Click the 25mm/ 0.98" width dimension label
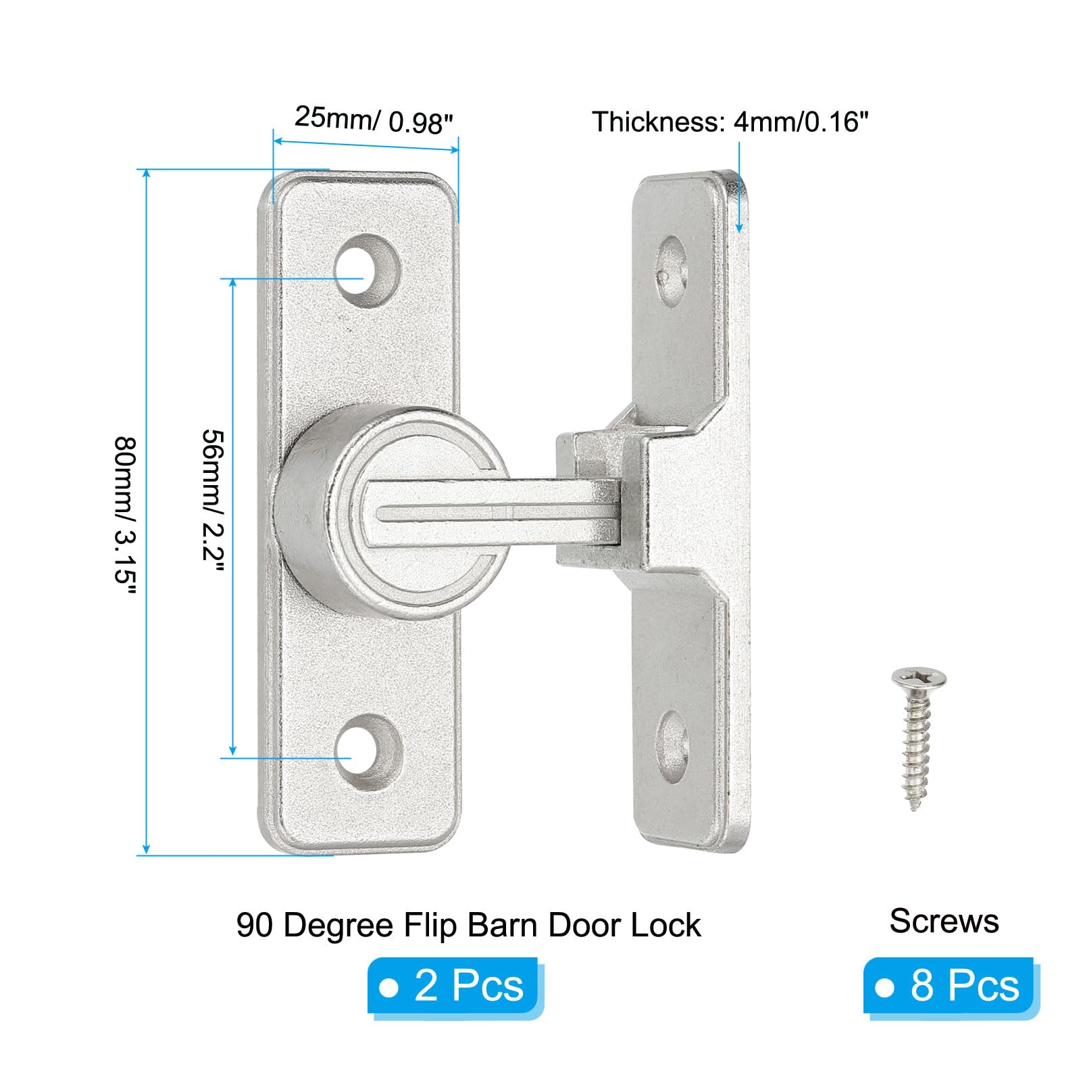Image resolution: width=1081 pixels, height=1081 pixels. tap(373, 120)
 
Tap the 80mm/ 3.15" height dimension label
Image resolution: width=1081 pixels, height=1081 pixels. tap(126, 516)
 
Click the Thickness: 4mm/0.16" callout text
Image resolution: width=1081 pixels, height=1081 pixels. tap(730, 122)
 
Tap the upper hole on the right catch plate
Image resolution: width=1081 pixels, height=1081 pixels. tap(672, 270)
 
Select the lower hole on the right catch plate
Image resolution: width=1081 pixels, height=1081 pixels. tap(673, 746)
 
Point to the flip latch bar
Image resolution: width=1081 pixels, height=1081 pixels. tap(493, 513)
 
